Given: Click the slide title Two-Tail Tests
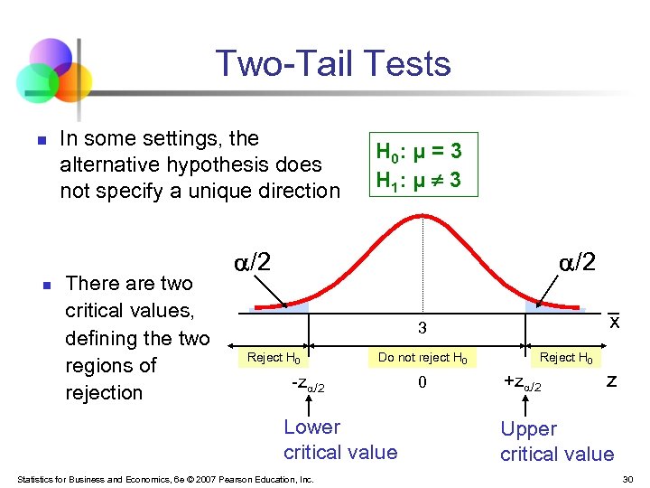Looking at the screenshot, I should tap(333, 64).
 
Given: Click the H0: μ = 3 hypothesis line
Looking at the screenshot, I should tap(418, 149).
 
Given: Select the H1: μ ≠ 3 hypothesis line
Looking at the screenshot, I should tap(418, 180).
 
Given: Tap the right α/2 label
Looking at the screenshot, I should tap(577, 262).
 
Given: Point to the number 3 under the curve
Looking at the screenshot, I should tap(421, 327).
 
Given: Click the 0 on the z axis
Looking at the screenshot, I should tap(421, 383).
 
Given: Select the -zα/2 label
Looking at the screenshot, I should tap(308, 386).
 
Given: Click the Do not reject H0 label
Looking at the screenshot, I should tap(422, 358).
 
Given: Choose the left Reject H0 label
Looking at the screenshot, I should tap(274, 358).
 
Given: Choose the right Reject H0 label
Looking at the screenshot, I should tap(566, 358).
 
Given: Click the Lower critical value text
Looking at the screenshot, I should tap(339, 440).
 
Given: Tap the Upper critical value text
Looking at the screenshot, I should tap(556, 442).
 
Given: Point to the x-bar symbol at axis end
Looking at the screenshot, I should tap(614, 321).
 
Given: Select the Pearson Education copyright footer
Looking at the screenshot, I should tap(165, 479).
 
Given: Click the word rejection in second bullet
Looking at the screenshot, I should tap(103, 393).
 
